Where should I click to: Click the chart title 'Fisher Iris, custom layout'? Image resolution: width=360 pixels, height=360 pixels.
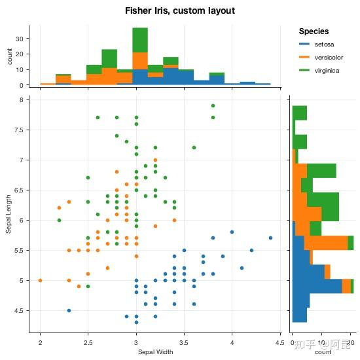click(179, 11)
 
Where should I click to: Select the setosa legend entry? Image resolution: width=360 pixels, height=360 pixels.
click(324, 44)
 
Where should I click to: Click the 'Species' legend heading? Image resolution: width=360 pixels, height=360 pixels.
click(314, 31)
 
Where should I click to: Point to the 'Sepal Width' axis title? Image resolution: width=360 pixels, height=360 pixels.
click(155, 352)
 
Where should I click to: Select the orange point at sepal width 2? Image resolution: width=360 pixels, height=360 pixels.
click(40, 280)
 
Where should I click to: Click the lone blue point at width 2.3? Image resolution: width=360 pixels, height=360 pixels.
click(69, 310)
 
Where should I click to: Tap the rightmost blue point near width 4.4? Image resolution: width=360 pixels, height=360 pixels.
click(270, 238)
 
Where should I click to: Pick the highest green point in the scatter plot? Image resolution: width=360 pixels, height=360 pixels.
click(213, 105)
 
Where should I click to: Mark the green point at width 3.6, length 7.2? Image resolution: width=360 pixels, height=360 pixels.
click(194, 147)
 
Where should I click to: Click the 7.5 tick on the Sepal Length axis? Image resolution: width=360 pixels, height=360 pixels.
click(24, 130)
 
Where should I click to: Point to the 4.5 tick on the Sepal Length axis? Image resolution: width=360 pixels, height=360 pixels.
click(24, 310)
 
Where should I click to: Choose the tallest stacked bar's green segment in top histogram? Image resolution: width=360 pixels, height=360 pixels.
click(140, 39)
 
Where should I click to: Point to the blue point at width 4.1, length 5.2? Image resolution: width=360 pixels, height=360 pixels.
click(242, 268)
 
